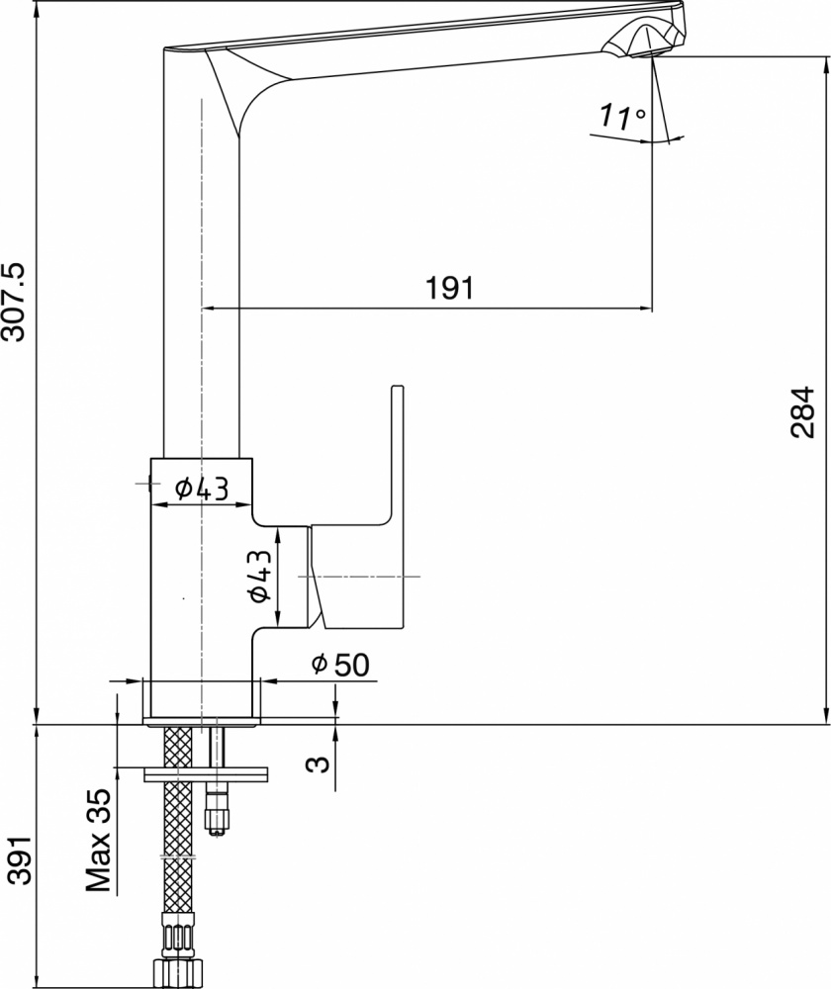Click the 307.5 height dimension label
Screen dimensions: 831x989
click(15, 302)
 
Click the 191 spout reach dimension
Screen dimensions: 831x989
click(448, 288)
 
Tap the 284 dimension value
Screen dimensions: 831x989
click(803, 412)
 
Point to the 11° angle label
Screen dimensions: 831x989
click(622, 117)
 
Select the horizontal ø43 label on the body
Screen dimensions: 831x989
click(202, 489)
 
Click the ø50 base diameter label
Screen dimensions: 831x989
click(340, 665)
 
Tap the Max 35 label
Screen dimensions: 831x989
click(98, 840)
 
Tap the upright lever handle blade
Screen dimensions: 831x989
click(398, 454)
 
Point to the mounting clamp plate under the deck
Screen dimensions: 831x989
click(206, 774)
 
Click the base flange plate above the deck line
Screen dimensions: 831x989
click(202, 722)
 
